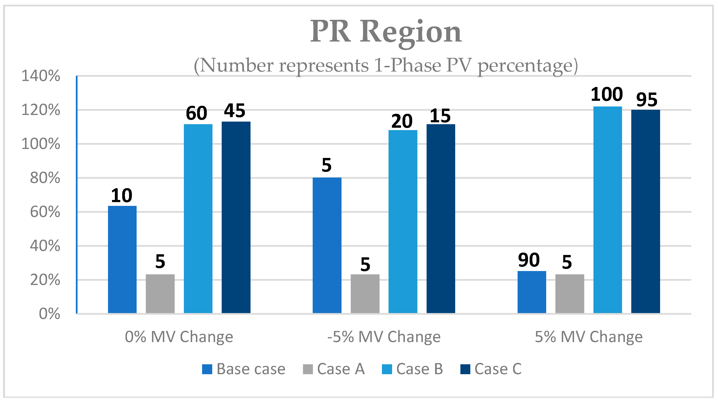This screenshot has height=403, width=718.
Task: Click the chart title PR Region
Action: tap(386, 32)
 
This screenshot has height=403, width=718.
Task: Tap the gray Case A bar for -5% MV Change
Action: tap(365, 294)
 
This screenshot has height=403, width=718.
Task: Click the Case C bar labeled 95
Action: tap(645, 212)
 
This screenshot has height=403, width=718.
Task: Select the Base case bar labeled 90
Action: tap(532, 292)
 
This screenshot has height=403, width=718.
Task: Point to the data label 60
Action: tap(196, 113)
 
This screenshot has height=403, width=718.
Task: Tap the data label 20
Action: tap(402, 121)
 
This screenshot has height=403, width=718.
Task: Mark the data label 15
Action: tap(440, 116)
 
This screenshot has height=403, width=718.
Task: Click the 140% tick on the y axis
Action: tap(41, 76)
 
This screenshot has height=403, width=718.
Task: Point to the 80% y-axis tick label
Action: tap(45, 178)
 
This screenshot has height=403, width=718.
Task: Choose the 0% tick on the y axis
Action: tap(49, 314)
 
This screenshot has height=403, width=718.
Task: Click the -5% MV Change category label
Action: tap(384, 337)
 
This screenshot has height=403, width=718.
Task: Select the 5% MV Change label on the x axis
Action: tap(589, 337)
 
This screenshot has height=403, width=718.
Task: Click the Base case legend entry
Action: tap(244, 369)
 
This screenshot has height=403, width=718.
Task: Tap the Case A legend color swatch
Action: tap(308, 369)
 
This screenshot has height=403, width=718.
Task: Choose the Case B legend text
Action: tap(419, 369)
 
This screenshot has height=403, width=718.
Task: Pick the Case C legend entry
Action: tap(491, 369)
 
